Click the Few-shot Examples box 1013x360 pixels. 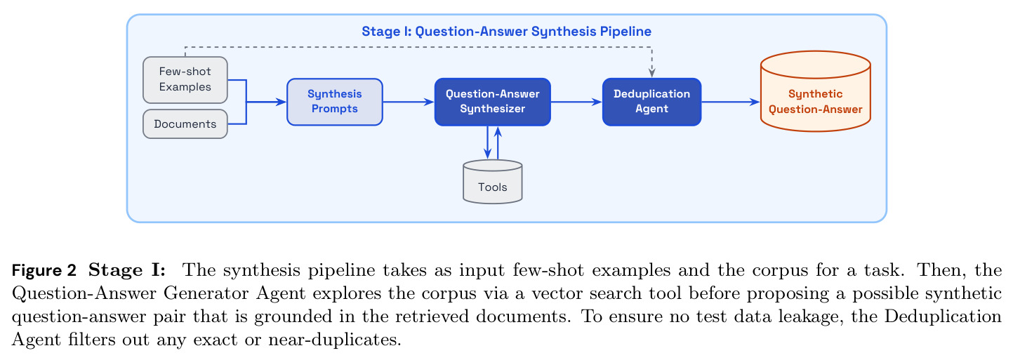pos(185,79)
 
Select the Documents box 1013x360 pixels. pos(185,124)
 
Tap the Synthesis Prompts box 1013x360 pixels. pos(335,102)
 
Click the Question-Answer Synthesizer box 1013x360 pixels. pos(493,102)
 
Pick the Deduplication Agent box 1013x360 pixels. pos(651,102)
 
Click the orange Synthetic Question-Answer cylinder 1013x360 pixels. pos(815,91)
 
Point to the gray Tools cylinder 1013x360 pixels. pos(493,182)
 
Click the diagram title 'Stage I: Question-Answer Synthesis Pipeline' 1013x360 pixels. pos(507,31)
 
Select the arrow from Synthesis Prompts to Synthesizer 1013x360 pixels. pos(409,102)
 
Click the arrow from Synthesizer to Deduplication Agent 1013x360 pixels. pos(576,102)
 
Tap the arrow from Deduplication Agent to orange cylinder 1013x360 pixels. pos(731,102)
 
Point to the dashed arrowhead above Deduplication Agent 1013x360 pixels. pos(651,73)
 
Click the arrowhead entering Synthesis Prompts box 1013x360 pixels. pos(282,102)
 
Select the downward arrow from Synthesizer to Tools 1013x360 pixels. pos(487,142)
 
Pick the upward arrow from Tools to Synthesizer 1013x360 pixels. pos(498,142)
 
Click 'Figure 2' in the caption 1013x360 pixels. pos(44,270)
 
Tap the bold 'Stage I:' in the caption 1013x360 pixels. pos(127,270)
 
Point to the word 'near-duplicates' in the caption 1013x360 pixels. pos(333,340)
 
